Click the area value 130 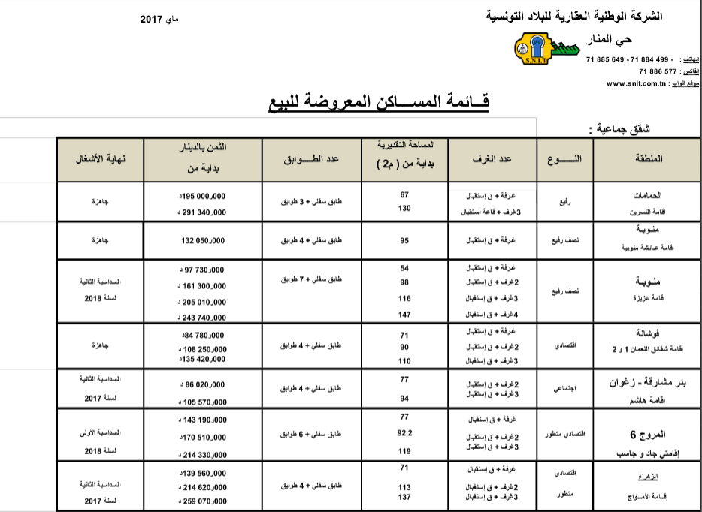(404, 208)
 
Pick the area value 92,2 (404, 433)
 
